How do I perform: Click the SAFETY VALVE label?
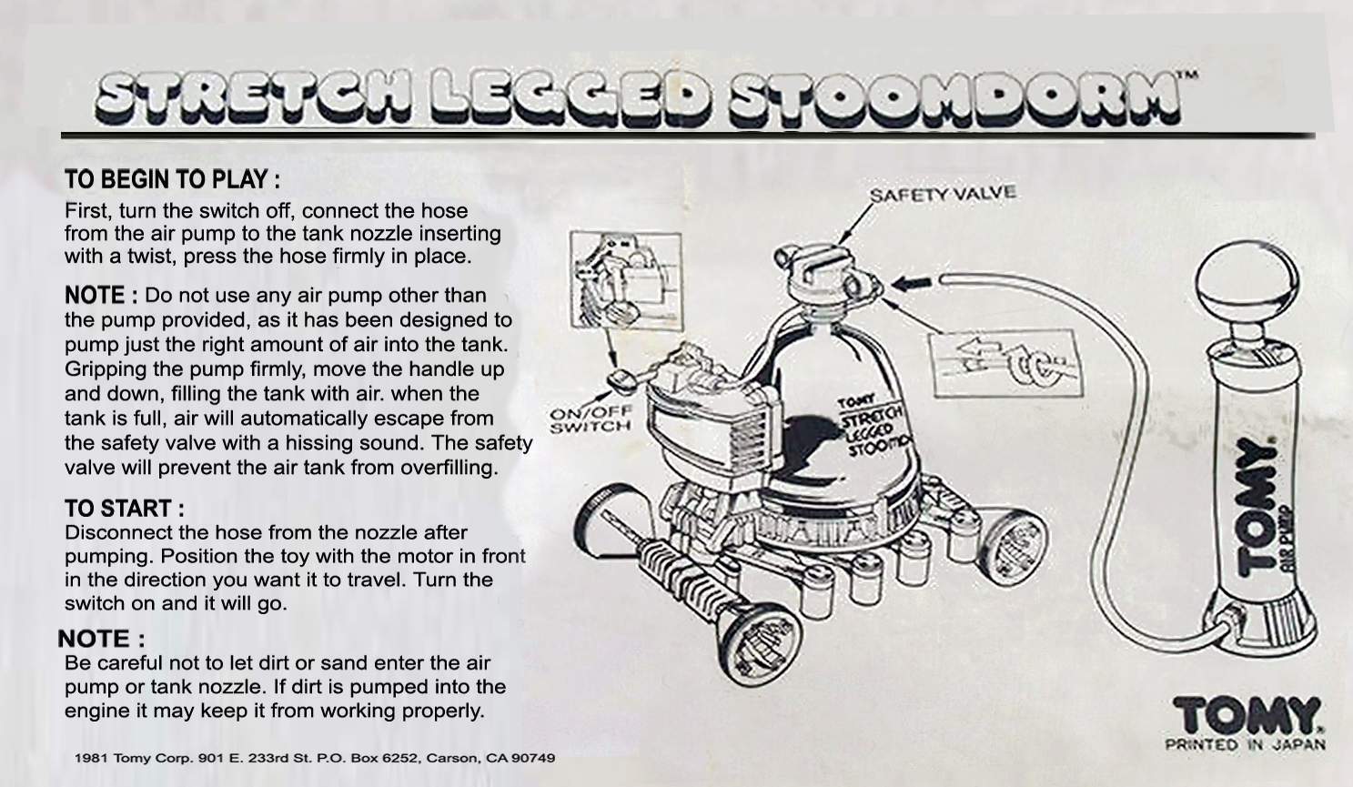click(942, 195)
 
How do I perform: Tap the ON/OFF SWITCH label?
click(591, 419)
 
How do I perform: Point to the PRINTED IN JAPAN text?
click(1245, 745)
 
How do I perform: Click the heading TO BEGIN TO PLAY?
click(171, 180)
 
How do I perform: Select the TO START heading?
click(124, 508)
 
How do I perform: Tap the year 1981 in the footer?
click(91, 758)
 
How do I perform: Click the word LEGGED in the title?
click(571, 97)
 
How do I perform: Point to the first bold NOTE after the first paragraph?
click(100, 296)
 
